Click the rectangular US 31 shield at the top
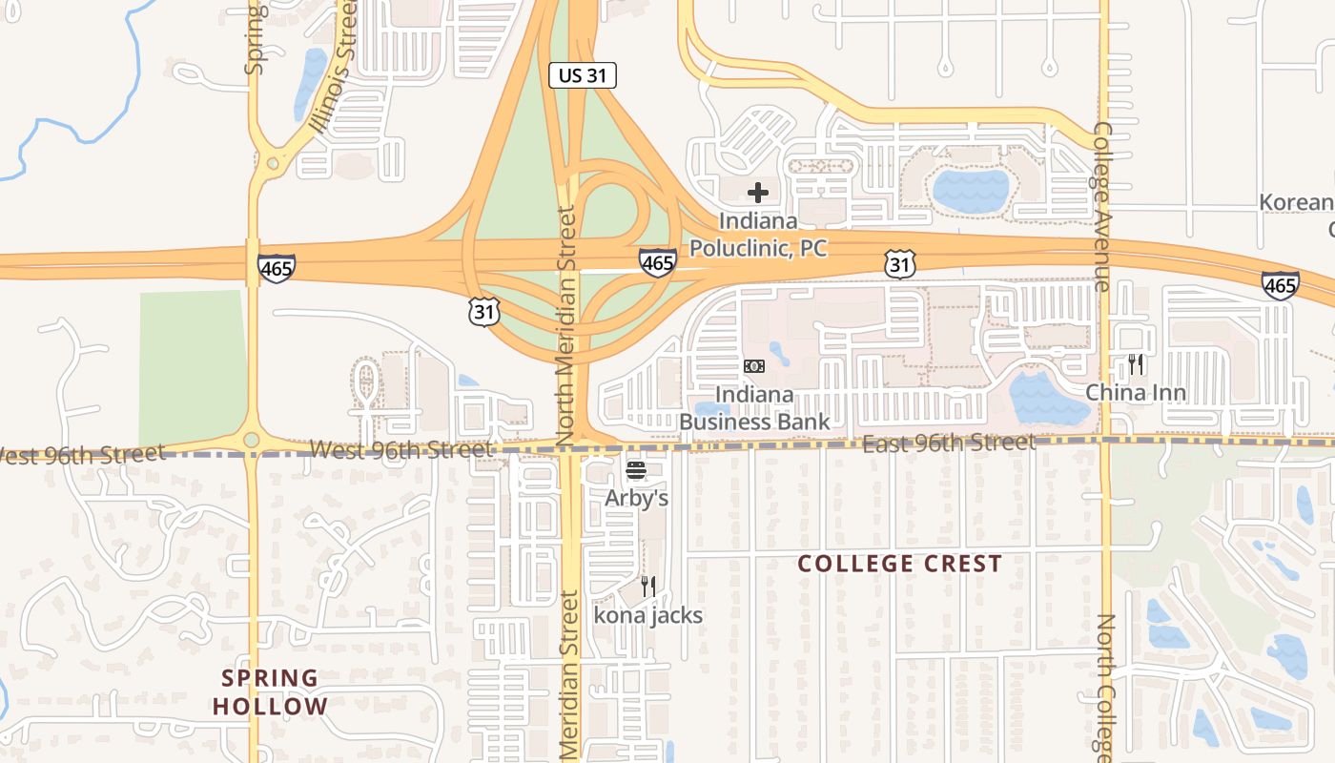click(x=582, y=75)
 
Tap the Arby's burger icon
click(x=636, y=470)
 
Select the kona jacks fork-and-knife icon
click(x=648, y=586)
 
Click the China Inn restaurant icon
click(x=1136, y=363)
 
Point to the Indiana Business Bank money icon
click(x=754, y=366)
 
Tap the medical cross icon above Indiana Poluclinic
click(x=758, y=193)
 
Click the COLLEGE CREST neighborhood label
click(x=899, y=564)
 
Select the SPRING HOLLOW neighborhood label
click(x=270, y=692)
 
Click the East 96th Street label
click(x=949, y=443)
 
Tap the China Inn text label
click(x=1136, y=393)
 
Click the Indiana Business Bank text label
click(x=754, y=408)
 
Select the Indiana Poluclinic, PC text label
click(x=758, y=235)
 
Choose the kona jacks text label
click(x=648, y=615)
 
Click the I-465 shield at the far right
click(x=1279, y=284)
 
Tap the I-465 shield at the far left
click(x=276, y=269)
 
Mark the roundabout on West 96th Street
click(x=251, y=440)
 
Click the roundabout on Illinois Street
click(x=274, y=163)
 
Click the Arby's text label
click(x=636, y=498)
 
